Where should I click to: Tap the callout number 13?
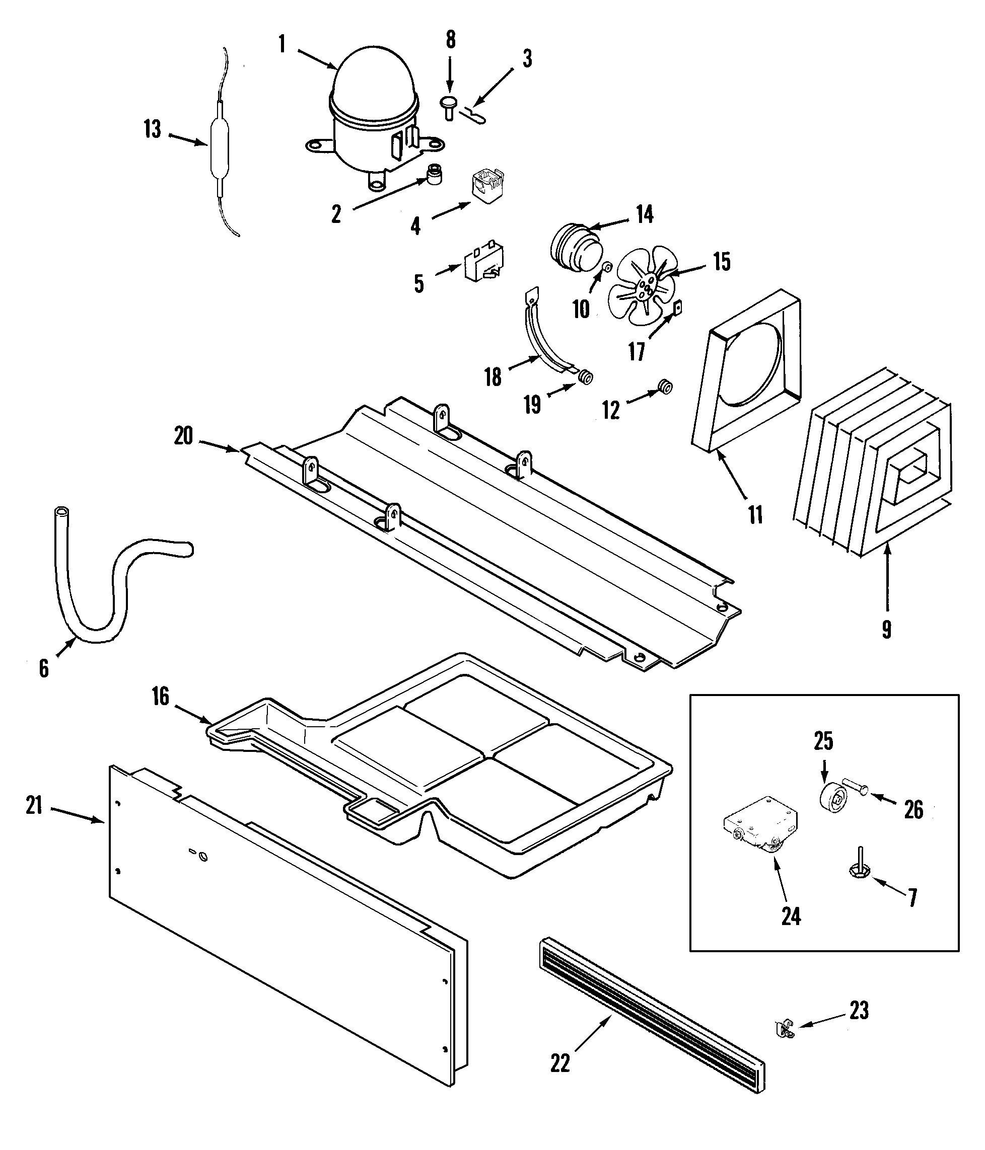coord(152,129)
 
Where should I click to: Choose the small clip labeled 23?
coord(785,1030)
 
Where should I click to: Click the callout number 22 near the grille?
coord(560,1063)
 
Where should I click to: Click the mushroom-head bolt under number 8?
coord(449,107)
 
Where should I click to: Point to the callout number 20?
coord(183,436)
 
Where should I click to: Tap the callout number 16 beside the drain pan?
coord(161,697)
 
